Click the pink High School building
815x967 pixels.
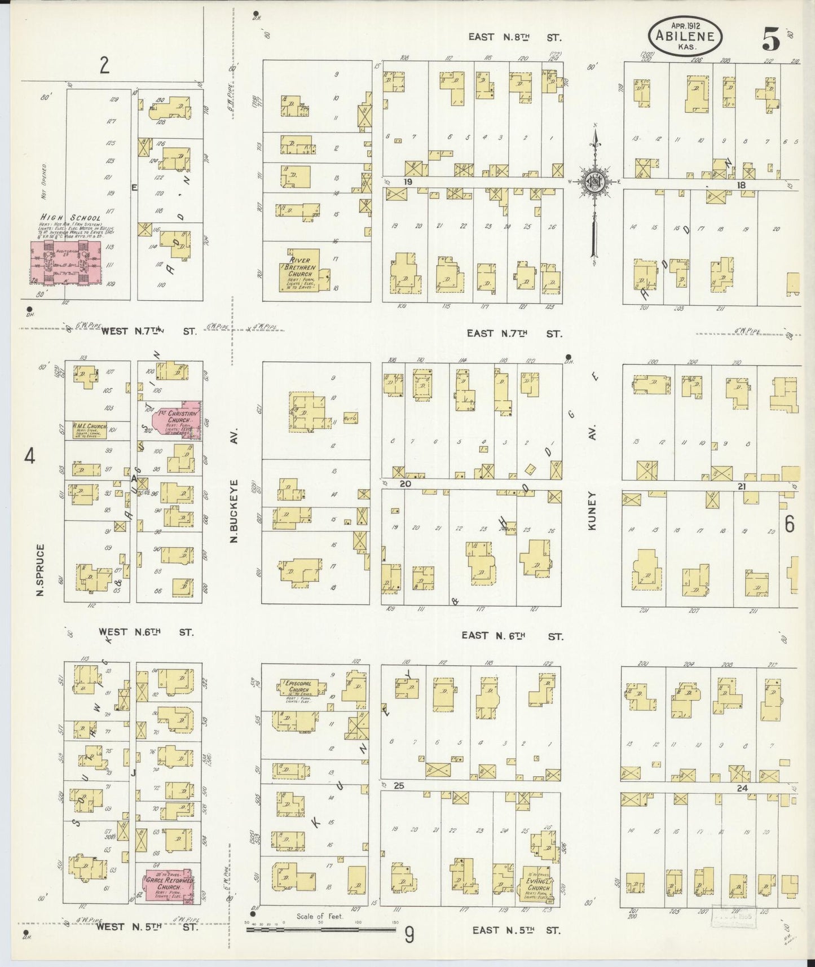tap(66, 262)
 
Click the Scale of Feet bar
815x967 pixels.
tap(321, 927)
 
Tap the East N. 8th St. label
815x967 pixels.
tap(515, 37)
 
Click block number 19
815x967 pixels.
tap(408, 182)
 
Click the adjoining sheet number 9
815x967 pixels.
tap(409, 936)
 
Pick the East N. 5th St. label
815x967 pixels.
tap(517, 930)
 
